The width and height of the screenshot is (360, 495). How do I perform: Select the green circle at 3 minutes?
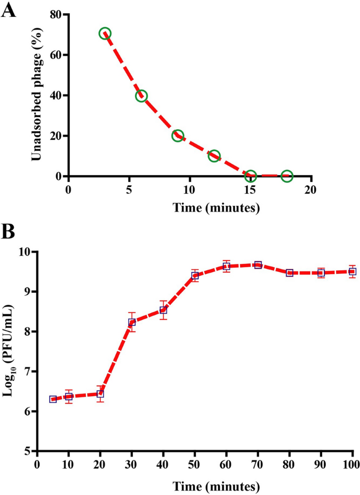[x=105, y=34]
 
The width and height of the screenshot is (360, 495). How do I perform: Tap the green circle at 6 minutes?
[x=141, y=96]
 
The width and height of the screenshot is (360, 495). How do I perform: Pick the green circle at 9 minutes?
[x=178, y=136]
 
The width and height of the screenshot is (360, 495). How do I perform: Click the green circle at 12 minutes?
[x=214, y=156]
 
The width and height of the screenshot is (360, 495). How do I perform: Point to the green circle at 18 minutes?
[x=287, y=176]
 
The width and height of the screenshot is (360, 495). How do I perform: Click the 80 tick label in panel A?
[x=54, y=15]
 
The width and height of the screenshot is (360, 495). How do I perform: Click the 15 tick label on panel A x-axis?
[x=251, y=189]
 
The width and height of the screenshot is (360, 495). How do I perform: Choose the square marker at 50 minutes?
[x=195, y=276]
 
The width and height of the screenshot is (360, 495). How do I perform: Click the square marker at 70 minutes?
[x=258, y=265]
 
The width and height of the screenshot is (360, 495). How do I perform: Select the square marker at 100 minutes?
[x=353, y=272]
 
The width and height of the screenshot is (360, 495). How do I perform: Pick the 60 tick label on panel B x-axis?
[x=226, y=465]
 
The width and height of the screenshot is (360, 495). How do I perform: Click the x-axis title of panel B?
[x=194, y=484]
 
